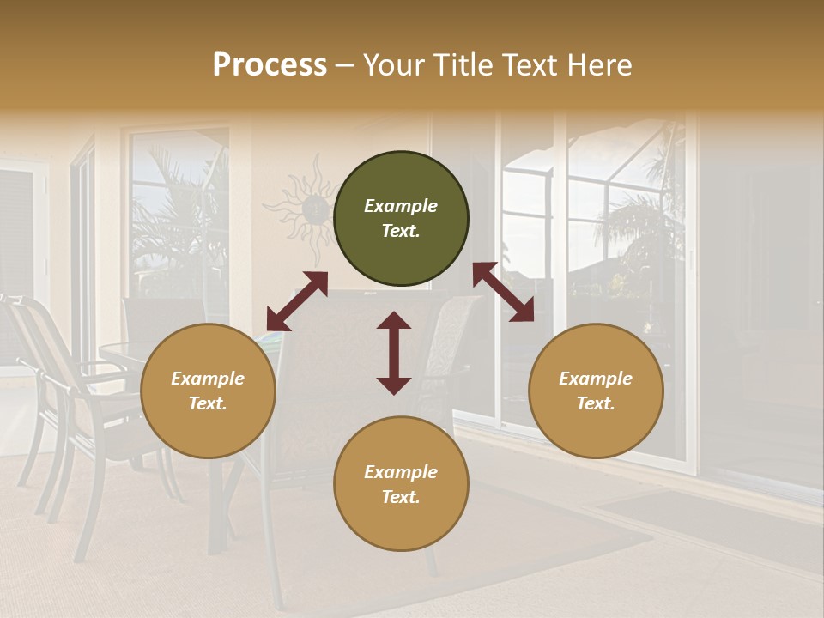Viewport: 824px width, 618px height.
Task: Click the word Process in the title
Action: click(x=270, y=65)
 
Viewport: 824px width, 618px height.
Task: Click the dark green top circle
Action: click(x=401, y=219)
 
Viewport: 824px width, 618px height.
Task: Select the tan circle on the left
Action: click(x=208, y=391)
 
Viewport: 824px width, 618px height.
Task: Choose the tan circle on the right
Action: click(x=596, y=391)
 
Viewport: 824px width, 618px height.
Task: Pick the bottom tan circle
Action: click(x=401, y=483)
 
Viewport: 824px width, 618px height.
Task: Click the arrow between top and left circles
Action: click(x=297, y=301)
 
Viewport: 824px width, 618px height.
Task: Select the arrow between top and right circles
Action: click(x=503, y=292)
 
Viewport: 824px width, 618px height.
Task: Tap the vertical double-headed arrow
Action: click(x=394, y=353)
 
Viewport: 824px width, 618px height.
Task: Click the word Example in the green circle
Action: click(x=401, y=206)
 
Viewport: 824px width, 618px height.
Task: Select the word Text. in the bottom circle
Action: click(x=401, y=497)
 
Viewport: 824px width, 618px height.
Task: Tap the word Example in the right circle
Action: click(x=596, y=379)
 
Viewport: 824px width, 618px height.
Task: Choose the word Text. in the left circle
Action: click(x=208, y=403)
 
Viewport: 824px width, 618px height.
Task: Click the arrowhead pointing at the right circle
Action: click(x=523, y=311)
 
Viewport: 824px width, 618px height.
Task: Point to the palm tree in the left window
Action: click(x=176, y=215)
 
